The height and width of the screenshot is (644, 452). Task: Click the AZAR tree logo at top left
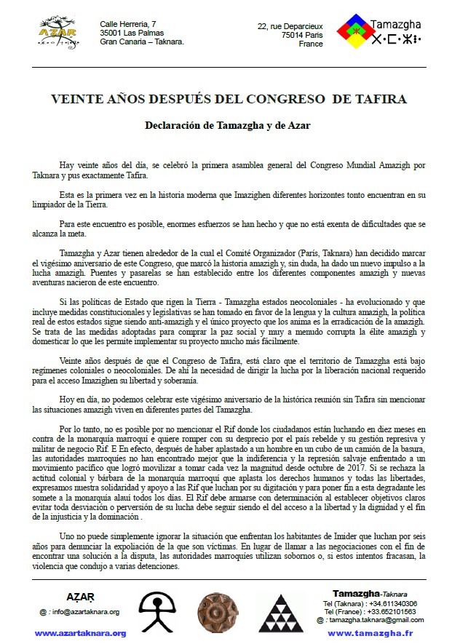pyautogui.click(x=58, y=33)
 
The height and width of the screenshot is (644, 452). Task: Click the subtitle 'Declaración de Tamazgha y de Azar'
pyautogui.click(x=226, y=125)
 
